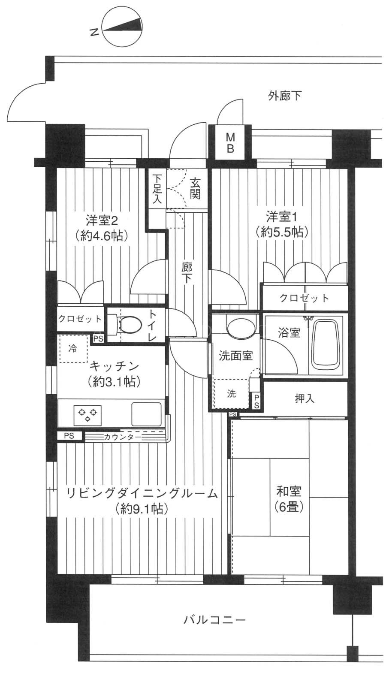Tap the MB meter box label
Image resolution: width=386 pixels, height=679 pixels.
231,143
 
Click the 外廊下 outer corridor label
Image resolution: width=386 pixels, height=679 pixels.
284,96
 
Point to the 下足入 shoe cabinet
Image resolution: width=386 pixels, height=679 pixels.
157,188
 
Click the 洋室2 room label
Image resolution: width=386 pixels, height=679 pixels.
102,220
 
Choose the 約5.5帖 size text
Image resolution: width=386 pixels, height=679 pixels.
282,232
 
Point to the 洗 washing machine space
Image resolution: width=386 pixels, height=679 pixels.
231,393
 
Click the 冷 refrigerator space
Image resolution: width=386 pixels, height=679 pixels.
73,349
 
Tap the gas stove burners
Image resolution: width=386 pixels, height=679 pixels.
87,415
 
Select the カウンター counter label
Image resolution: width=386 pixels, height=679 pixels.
122,437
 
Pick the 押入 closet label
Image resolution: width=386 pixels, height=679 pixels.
305,399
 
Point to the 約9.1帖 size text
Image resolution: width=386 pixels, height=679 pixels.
142,509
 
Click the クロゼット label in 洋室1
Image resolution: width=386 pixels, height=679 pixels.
304,298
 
